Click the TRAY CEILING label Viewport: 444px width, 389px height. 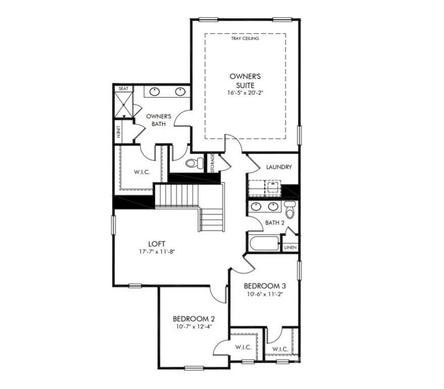pyautogui.click(x=245, y=38)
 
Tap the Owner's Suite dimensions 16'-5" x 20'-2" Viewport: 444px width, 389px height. pyautogui.click(x=245, y=92)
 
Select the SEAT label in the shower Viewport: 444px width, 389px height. pyautogui.click(x=124, y=89)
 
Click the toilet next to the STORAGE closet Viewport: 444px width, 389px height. pyautogui.click(x=194, y=163)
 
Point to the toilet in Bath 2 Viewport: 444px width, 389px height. pyautogui.click(x=290, y=210)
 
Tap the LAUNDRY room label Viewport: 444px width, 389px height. pyautogui.click(x=279, y=167)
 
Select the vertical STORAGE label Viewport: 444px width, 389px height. pyautogui.click(x=212, y=163)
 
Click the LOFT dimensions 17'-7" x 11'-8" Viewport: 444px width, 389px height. pyautogui.click(x=156, y=251)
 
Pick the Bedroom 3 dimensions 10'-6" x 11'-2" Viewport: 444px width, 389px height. pyautogui.click(x=265, y=294)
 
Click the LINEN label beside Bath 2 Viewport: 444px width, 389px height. pyautogui.click(x=290, y=248)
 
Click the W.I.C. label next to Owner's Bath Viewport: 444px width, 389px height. pyautogui.click(x=142, y=172)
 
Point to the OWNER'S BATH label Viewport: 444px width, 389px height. pyautogui.click(x=158, y=120)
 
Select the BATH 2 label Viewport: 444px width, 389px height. pyautogui.click(x=275, y=223)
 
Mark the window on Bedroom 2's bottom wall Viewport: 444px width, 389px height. pyautogui.click(x=194, y=368)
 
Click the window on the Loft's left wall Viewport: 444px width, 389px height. pyautogui.click(x=113, y=225)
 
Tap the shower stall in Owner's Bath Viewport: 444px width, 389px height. pyautogui.click(x=124, y=104)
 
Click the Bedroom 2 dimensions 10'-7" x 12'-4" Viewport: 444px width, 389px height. pyautogui.click(x=194, y=327)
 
